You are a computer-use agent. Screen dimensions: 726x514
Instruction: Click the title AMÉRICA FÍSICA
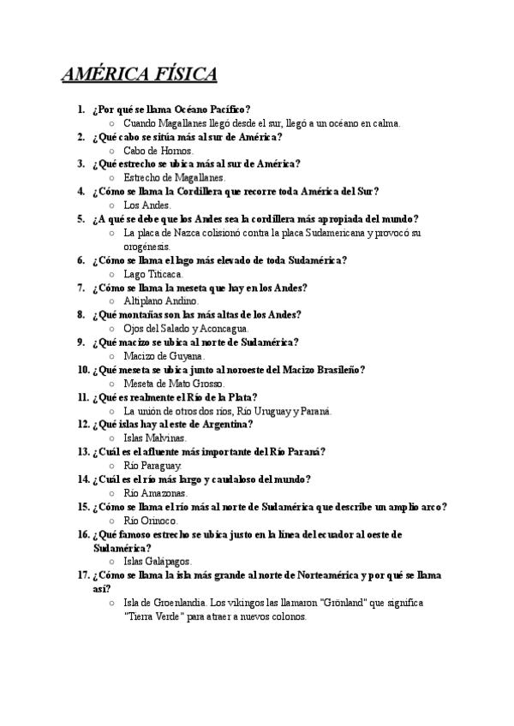[139, 74]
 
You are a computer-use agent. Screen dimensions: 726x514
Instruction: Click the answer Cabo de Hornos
[158, 151]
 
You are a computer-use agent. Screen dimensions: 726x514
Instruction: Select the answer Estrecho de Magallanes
[174, 178]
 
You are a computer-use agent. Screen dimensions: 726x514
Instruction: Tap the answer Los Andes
[147, 205]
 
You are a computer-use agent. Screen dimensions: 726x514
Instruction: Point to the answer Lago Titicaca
[153, 274]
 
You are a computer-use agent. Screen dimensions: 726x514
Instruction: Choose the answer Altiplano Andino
[161, 301]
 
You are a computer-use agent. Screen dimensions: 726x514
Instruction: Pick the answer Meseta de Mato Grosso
[175, 384]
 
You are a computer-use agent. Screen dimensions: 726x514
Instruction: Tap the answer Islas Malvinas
[155, 438]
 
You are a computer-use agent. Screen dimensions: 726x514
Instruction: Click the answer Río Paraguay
[152, 466]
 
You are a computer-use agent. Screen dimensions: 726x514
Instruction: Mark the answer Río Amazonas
[155, 493]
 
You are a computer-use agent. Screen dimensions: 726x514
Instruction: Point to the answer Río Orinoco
[151, 521]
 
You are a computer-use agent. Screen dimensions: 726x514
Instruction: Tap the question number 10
[83, 370]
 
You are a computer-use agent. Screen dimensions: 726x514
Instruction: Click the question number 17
[83, 575]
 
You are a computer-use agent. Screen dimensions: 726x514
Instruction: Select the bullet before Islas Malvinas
[112, 438]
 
